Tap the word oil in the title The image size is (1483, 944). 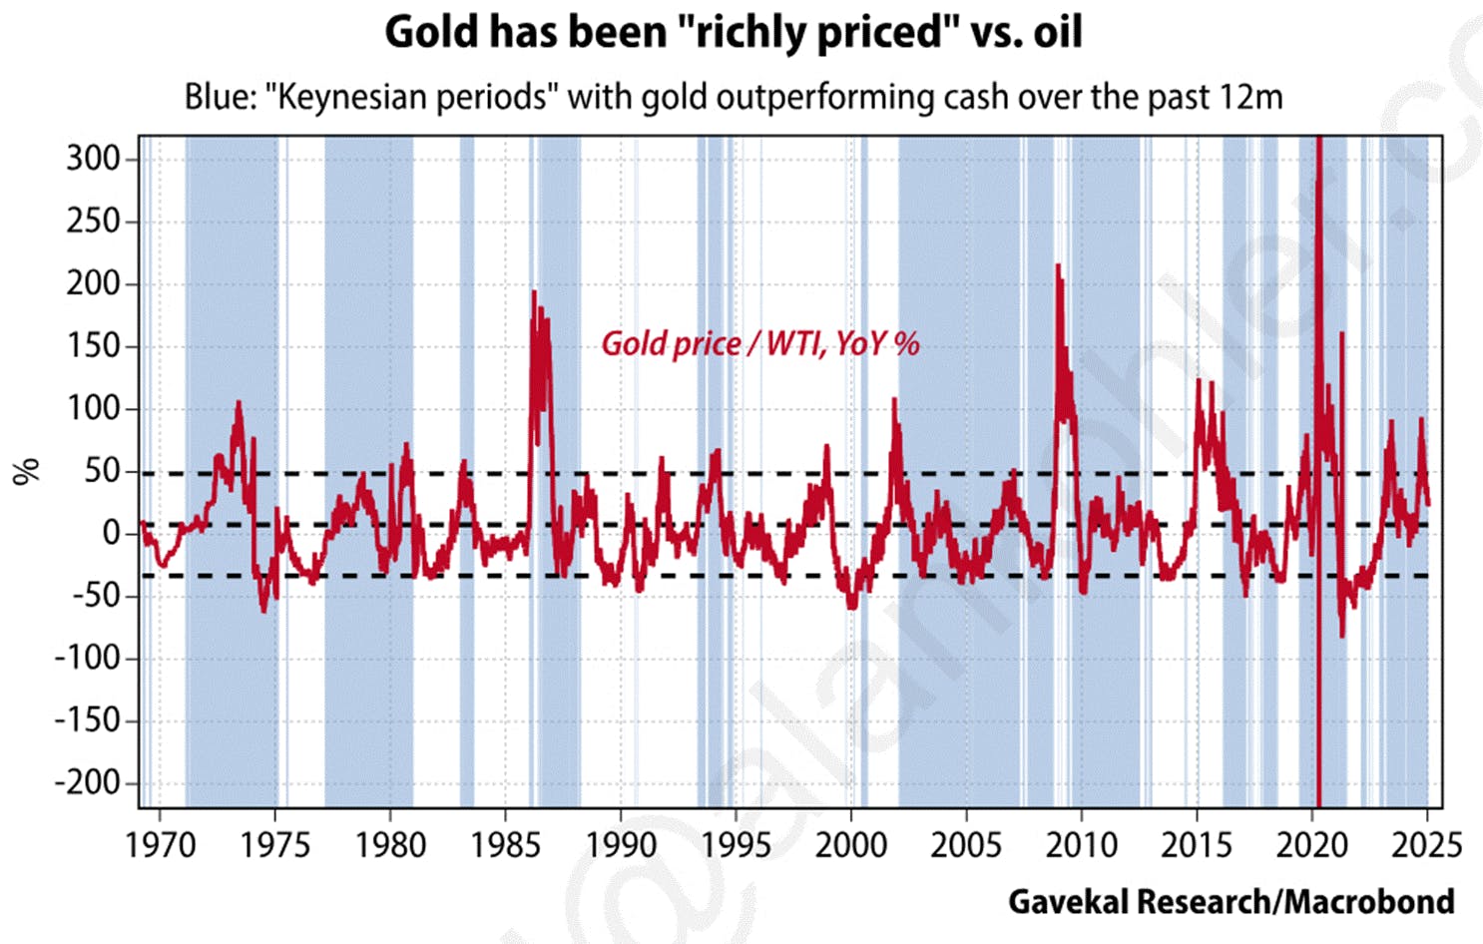(x=1057, y=32)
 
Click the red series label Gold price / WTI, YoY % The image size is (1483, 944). (x=759, y=344)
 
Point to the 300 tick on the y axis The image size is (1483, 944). (x=93, y=159)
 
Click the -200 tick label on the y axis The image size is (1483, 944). (x=87, y=782)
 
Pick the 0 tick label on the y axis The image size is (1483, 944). (x=111, y=533)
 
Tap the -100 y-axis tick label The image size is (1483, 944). (x=87, y=658)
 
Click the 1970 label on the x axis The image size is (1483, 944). (x=160, y=845)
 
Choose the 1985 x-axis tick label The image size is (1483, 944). (x=505, y=845)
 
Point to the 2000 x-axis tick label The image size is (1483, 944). (x=850, y=845)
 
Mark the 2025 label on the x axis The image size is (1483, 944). (x=1426, y=845)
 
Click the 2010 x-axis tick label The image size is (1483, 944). (x=1081, y=845)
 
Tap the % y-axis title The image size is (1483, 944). (x=27, y=471)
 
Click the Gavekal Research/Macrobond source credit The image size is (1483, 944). (x=1231, y=901)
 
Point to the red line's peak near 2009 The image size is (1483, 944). (x=1058, y=265)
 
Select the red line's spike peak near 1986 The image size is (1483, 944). (x=534, y=291)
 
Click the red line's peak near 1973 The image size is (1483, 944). (x=239, y=402)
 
